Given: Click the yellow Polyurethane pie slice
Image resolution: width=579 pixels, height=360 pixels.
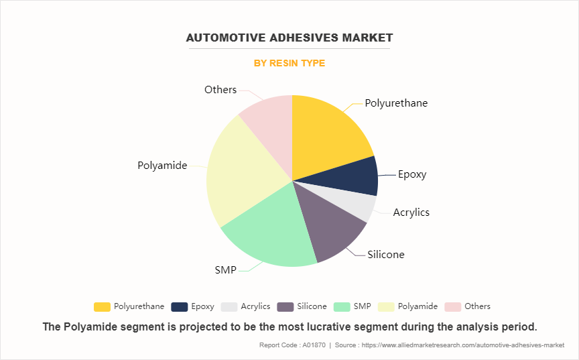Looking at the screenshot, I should coord(328,134).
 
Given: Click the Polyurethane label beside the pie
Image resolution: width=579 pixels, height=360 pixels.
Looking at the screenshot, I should coord(396,103).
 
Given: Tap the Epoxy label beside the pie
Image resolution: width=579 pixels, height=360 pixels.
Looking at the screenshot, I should coord(411,174).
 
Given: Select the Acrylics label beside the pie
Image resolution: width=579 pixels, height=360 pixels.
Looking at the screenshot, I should coord(411,213).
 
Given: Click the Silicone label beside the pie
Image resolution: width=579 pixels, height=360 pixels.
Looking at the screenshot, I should coord(385,255).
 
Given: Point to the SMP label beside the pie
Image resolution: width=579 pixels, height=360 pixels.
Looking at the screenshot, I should coord(226,270).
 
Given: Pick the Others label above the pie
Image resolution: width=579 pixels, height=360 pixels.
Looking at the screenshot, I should coord(220,90).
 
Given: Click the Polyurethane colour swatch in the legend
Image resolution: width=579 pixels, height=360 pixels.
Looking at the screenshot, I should coord(102,306).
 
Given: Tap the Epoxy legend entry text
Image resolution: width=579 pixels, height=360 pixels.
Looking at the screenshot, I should coord(202,306).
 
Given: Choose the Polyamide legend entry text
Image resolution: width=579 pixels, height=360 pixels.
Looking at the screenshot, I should coord(417,306).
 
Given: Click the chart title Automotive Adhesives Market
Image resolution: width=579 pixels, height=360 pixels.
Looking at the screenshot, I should coord(289,38).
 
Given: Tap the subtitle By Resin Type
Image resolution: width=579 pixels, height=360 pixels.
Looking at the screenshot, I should coord(289,63).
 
